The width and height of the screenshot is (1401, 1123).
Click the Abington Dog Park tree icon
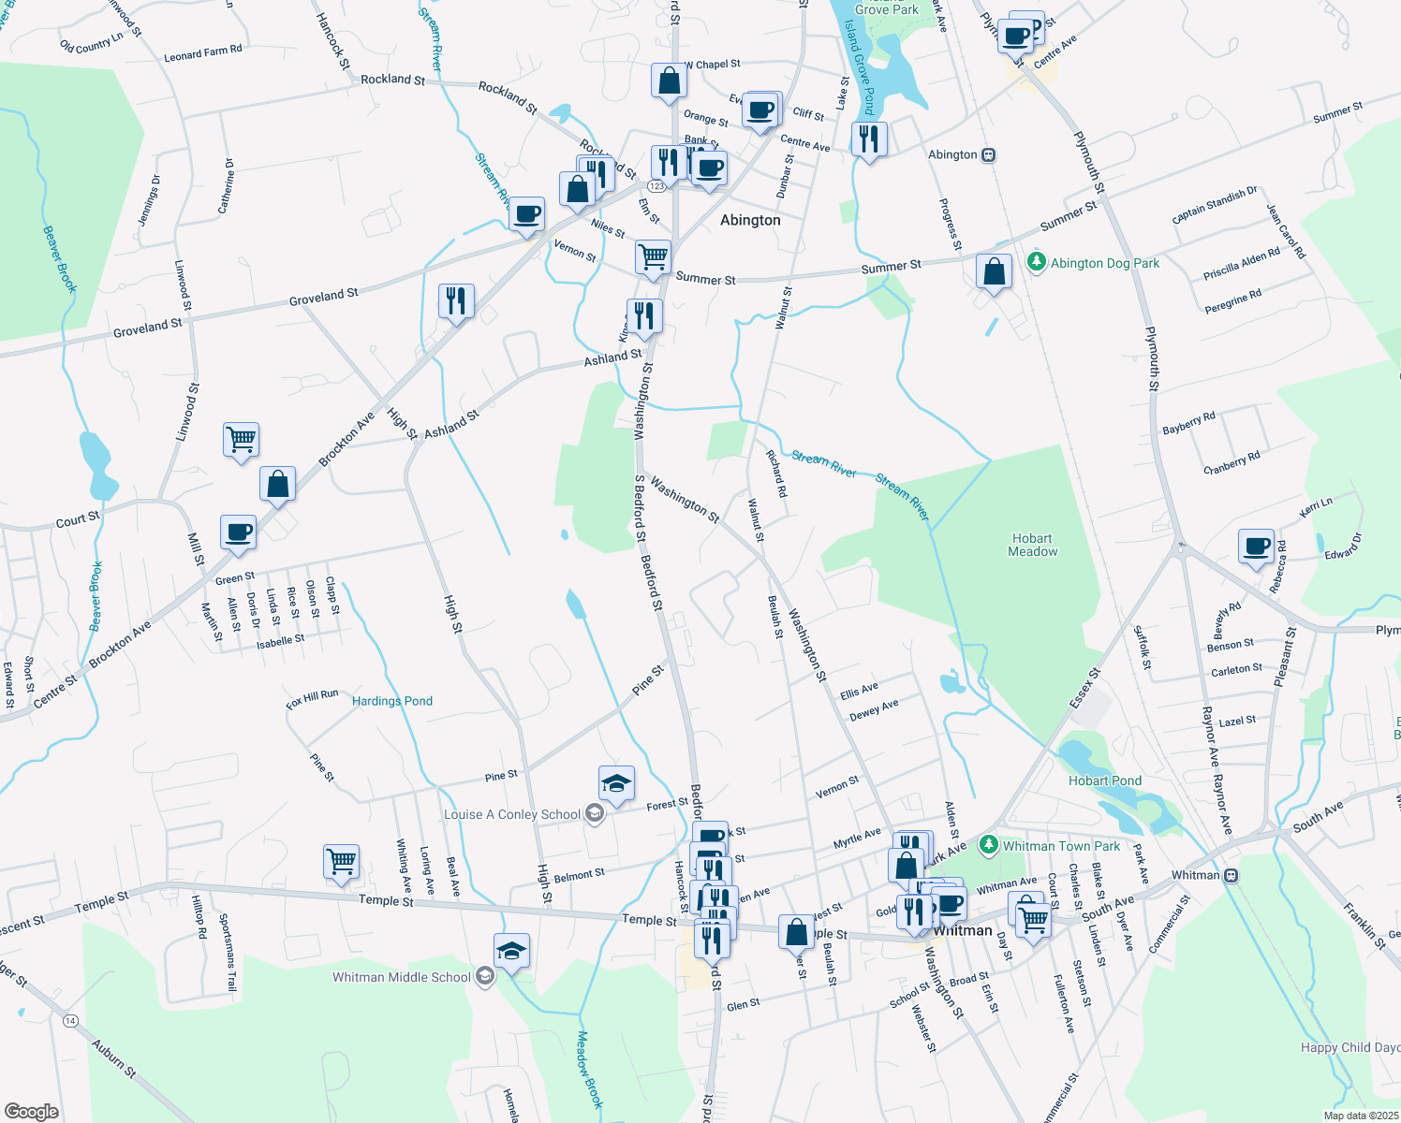1036,262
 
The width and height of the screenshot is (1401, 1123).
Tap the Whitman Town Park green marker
988,845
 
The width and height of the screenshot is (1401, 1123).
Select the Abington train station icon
988,155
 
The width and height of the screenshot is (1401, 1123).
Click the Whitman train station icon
1231,876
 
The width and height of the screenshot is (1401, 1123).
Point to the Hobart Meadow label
1032,545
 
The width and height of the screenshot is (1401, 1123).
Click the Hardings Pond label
391,701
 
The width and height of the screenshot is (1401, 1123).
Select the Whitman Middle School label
402,977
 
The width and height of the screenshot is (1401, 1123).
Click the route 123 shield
656,186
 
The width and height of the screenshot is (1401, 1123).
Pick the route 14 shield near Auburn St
70,1020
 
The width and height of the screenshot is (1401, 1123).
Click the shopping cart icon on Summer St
653,255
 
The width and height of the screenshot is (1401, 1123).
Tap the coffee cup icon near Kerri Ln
1256,546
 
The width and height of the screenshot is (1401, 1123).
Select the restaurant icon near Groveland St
456,300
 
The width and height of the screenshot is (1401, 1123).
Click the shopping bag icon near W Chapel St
670,80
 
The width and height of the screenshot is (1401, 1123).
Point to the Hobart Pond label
1105,780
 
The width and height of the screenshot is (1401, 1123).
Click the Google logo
31,1112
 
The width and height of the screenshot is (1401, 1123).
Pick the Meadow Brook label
588,1069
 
